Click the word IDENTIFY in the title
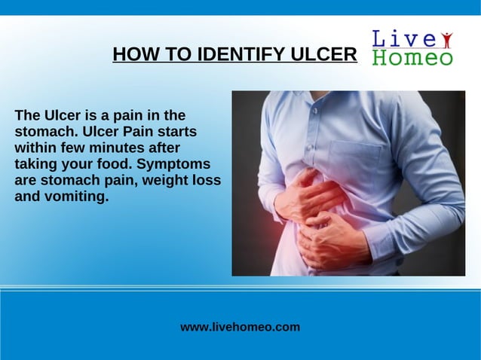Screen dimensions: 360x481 (239, 55)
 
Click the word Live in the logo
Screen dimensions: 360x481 (404, 39)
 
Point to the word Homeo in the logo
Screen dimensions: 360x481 (412, 58)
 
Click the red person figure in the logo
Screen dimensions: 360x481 (446, 39)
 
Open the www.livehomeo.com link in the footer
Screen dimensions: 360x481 (240, 327)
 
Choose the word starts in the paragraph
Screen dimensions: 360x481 (174, 131)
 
